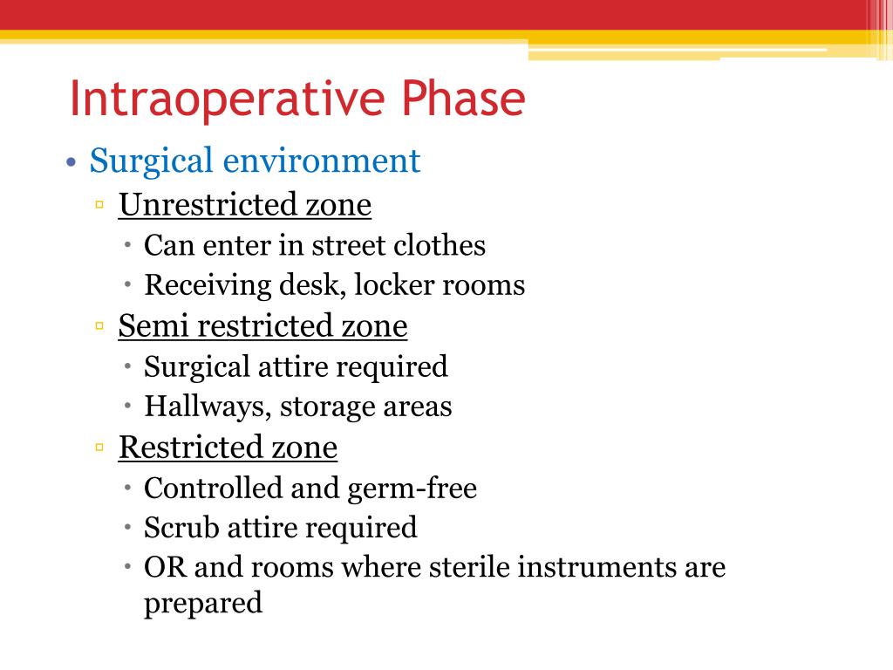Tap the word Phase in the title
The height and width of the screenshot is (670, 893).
463,99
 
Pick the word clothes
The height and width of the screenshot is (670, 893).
440,245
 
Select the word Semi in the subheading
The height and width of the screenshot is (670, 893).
154,325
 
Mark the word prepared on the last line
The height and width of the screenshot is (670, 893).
202,604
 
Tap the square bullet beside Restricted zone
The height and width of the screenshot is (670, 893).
100,448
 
